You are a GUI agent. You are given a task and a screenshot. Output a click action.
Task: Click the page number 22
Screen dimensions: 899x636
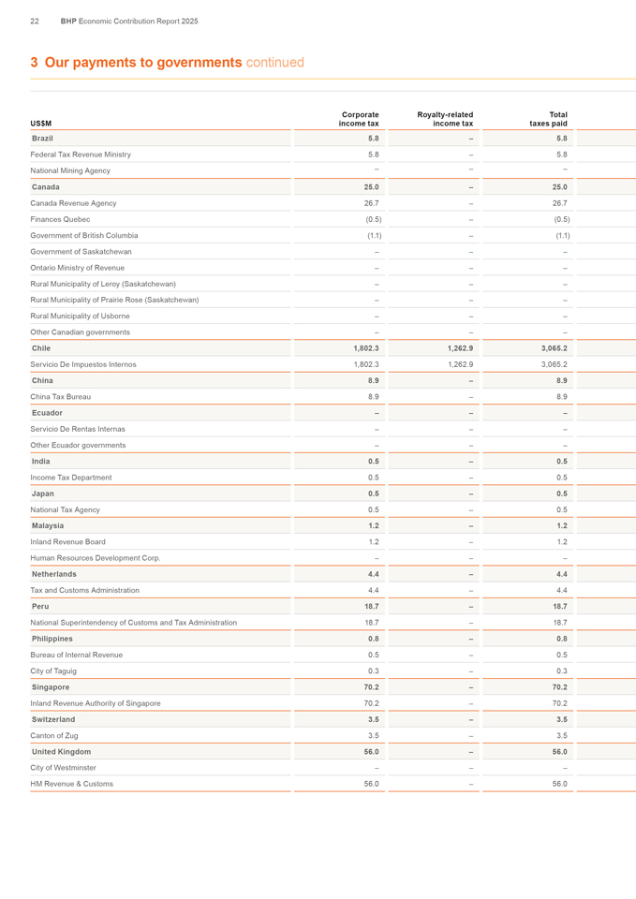click(35, 21)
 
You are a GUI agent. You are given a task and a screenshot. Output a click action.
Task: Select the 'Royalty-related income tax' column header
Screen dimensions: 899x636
click(445, 119)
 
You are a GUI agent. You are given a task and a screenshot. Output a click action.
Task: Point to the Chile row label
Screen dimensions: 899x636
click(41, 348)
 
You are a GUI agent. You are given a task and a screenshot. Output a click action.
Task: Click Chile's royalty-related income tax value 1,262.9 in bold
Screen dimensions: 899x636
click(454, 348)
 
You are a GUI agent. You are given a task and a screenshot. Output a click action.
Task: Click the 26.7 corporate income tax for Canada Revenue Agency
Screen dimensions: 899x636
click(371, 203)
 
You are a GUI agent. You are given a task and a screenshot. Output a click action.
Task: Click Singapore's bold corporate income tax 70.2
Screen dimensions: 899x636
click(371, 687)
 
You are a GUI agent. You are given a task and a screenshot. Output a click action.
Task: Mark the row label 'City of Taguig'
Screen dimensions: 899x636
click(53, 671)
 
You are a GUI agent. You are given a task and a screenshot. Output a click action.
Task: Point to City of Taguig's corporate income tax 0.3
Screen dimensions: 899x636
click(373, 671)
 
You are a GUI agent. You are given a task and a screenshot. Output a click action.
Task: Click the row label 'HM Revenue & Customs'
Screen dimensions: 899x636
click(72, 784)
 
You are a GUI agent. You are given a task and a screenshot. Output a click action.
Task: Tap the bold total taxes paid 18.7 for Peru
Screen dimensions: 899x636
click(558, 607)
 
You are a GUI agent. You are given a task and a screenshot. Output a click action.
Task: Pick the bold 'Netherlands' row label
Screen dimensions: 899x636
click(54, 574)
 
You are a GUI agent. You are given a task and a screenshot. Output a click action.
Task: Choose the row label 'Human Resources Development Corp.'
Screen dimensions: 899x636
click(96, 558)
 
